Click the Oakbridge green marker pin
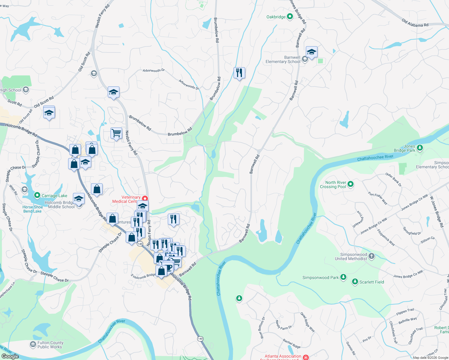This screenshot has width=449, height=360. click(290, 16)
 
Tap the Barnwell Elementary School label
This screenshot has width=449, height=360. click(283, 59)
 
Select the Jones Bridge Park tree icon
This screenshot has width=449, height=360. click(420, 148)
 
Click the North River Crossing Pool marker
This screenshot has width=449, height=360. click(350, 184)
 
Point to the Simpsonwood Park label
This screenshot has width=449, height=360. click(320, 277)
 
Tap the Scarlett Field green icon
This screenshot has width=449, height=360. click(355, 282)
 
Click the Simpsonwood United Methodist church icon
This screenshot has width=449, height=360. click(372, 256)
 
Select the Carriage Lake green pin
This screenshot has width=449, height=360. click(37, 195)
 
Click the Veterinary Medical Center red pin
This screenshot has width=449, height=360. click(145, 199)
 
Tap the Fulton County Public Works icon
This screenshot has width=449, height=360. click(33, 344)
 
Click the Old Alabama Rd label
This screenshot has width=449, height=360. click(415, 23)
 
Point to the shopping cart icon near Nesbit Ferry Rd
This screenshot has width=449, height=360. click(116, 133)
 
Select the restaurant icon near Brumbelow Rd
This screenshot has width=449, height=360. click(239, 73)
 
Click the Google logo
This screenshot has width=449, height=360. click(10, 356)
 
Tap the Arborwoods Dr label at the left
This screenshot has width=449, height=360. click(154, 70)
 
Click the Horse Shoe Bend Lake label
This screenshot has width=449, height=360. click(32, 209)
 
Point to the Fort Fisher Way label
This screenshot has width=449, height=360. click(378, 198)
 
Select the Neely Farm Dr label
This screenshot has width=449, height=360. click(284, 325)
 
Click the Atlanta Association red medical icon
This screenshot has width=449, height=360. click(306, 357)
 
